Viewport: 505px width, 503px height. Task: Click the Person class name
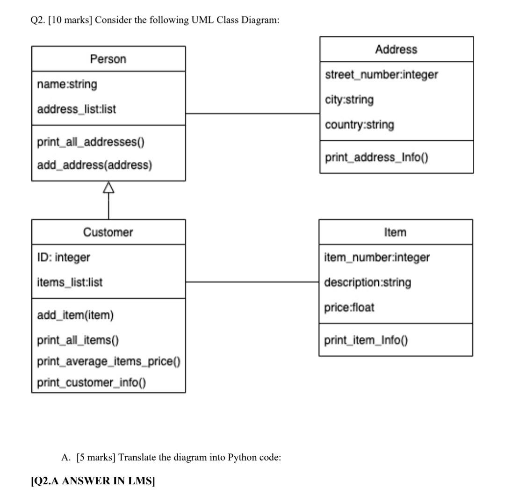tap(108, 59)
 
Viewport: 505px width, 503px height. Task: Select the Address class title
tap(396, 50)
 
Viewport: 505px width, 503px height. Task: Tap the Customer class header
tap(108, 232)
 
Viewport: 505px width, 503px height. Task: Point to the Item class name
tap(395, 232)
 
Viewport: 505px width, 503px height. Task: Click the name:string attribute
tap(67, 85)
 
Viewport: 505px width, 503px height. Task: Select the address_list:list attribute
tap(77, 109)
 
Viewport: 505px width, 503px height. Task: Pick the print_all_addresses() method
tap(91, 142)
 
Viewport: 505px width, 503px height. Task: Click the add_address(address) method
tap(94, 165)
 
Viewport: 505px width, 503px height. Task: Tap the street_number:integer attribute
tap(382, 75)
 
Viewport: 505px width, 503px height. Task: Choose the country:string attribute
tap(360, 125)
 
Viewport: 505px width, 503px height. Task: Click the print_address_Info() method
tap(376, 158)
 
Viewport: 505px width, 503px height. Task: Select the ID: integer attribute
tap(64, 258)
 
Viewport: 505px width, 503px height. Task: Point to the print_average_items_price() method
tap(108, 361)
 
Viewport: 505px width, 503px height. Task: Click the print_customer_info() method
tap(92, 383)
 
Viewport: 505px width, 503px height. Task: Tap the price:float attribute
tap(349, 308)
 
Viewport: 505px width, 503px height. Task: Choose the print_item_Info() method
tap(366, 340)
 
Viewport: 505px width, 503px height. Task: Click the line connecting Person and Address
tap(252, 113)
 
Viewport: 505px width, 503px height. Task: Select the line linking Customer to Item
tap(252, 282)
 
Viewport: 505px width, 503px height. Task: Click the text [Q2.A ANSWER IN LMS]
tap(93, 481)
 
